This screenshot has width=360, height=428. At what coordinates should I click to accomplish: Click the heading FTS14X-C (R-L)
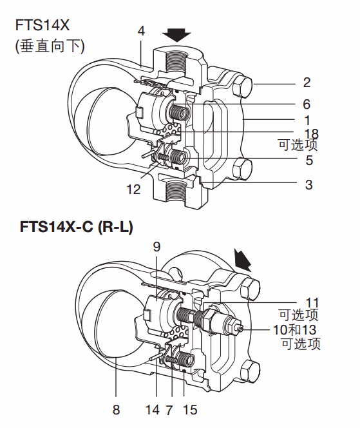coord(77,227)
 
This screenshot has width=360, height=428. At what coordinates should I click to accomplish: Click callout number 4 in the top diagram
coord(141,30)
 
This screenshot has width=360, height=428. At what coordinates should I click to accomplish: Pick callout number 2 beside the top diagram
coord(307,83)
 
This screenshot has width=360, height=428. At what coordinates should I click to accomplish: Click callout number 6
coord(307,104)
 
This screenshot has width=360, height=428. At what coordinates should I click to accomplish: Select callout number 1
coord(307,120)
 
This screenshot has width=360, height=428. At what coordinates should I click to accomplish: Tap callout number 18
coord(311,133)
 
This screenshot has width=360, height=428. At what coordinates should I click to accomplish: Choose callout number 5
coord(309,160)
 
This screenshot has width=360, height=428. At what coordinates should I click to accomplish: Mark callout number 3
coord(308,184)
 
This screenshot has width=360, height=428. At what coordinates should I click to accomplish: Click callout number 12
coord(133,190)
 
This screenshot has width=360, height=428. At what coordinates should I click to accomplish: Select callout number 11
coord(312,302)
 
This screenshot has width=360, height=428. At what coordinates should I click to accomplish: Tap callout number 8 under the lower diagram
coord(116,409)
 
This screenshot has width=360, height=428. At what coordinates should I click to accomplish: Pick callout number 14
coord(152,409)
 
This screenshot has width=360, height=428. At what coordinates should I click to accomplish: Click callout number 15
coord(190,409)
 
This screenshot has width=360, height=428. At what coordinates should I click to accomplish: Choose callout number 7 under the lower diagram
coord(169,409)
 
